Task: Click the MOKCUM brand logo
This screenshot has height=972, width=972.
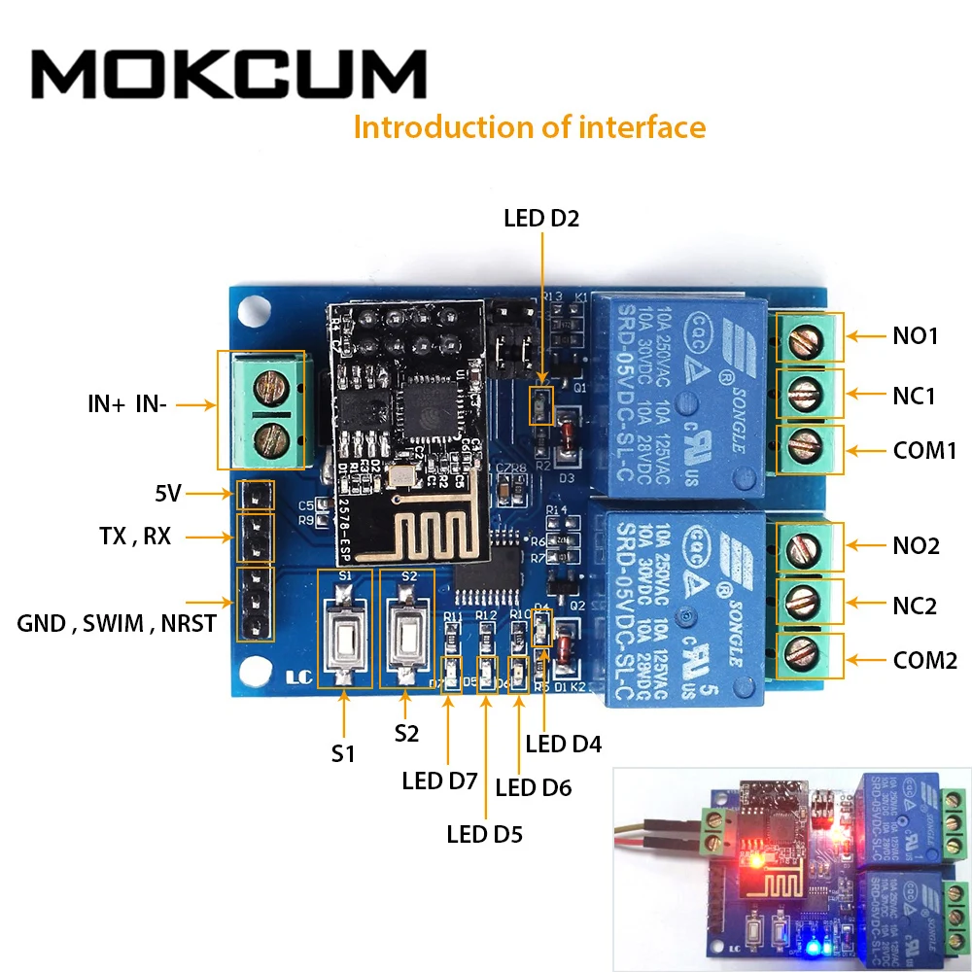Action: tap(229, 75)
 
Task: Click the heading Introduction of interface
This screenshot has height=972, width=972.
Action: tap(529, 127)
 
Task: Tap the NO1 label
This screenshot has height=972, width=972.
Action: tap(916, 337)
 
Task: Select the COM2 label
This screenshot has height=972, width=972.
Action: tap(925, 661)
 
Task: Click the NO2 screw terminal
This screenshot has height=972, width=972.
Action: tap(805, 548)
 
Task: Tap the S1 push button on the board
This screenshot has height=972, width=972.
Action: tap(344, 638)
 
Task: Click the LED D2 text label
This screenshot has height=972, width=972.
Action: tap(540, 218)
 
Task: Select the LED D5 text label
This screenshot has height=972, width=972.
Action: tap(484, 833)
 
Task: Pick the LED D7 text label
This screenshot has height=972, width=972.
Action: tap(439, 781)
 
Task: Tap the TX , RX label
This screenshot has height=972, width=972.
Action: tap(134, 536)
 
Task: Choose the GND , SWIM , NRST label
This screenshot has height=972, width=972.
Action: tap(117, 623)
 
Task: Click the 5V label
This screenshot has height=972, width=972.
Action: tap(168, 494)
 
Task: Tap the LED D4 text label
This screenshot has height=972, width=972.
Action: tap(564, 745)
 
